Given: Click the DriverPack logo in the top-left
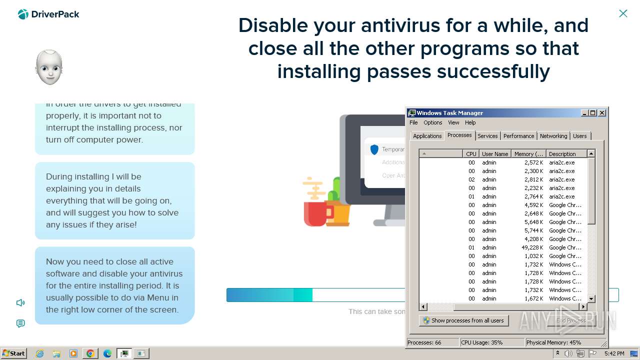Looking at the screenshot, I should (x=48, y=14).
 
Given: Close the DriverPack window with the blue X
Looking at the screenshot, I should (x=623, y=13).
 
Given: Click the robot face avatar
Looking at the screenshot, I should (x=49, y=67).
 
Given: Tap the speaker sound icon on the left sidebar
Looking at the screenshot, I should (x=20, y=302).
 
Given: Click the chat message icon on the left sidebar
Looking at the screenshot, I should (x=20, y=323).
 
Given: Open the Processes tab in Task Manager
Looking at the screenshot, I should (x=459, y=135).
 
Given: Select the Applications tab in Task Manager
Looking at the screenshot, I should (x=427, y=136).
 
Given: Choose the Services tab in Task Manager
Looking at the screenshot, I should (x=487, y=136).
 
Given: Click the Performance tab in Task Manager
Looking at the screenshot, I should (x=518, y=136).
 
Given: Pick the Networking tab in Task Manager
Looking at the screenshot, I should (x=553, y=136).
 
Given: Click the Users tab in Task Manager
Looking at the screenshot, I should (x=579, y=136).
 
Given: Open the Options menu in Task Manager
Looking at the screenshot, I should (x=432, y=122).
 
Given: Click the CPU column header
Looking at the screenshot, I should (x=471, y=154).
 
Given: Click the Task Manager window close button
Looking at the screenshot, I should (x=602, y=113).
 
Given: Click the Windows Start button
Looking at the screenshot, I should (x=13, y=353).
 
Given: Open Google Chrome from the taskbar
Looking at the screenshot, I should (x=90, y=353).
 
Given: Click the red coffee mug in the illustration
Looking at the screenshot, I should (x=315, y=213).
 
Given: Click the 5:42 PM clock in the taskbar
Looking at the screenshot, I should (x=614, y=353).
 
